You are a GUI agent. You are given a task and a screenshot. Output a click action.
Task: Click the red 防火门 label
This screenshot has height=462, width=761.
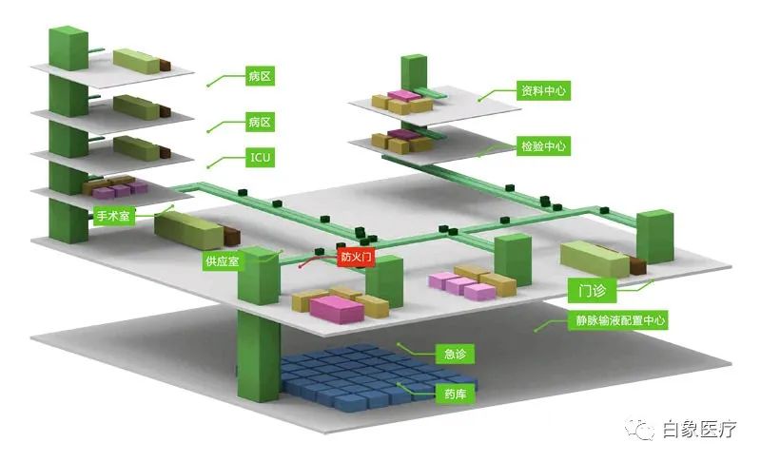tap(356, 257)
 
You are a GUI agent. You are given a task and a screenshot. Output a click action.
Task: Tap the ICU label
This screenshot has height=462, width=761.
tap(260, 158)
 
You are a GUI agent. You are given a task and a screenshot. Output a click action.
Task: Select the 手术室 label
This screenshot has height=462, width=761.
tap(113, 215)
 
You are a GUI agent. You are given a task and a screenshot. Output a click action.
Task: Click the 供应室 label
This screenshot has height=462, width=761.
tap(223, 261)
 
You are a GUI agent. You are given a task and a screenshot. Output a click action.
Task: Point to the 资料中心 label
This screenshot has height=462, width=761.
tap(543, 90)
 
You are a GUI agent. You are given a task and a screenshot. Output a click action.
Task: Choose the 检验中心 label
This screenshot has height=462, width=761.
tap(543, 146)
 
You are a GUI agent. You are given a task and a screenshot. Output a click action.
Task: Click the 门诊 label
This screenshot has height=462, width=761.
tap(592, 290)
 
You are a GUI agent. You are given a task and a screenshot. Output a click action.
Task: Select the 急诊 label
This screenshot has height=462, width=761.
tap(455, 354)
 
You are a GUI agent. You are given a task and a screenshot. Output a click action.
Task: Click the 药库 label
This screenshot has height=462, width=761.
tap(455, 395)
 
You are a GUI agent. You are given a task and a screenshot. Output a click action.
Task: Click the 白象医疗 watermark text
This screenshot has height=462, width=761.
tap(699, 430)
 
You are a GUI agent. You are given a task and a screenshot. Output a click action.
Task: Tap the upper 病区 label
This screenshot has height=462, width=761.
tap(260, 76)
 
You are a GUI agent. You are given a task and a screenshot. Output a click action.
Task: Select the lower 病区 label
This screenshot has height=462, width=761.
tap(260, 122)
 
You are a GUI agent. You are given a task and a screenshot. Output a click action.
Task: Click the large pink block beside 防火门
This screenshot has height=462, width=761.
tap(337, 309)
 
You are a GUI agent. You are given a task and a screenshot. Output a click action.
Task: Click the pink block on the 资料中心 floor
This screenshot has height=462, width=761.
tap(403, 95)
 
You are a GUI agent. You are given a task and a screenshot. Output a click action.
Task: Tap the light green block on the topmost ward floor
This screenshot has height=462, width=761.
tap(136, 61)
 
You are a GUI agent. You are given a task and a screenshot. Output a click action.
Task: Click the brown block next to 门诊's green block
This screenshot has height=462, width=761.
tap(637, 265)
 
